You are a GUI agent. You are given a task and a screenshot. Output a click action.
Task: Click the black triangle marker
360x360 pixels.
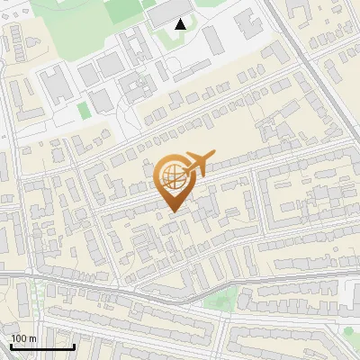click(x=181, y=24)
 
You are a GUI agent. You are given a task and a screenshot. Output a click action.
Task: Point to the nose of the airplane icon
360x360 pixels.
click(x=212, y=157)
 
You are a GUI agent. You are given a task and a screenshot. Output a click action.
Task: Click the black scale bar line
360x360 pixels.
click(x=42, y=346)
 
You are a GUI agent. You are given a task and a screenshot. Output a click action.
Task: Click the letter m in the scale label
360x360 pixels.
click(x=32, y=338)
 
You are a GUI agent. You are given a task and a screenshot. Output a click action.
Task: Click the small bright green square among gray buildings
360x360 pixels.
click(x=84, y=110)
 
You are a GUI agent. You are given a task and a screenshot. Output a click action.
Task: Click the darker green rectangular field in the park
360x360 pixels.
click(x=122, y=9)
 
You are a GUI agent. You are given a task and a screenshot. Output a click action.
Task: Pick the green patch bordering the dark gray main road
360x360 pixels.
click(x=217, y=299)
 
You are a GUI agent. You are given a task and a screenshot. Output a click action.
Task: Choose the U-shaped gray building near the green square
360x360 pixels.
click(x=135, y=87)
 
